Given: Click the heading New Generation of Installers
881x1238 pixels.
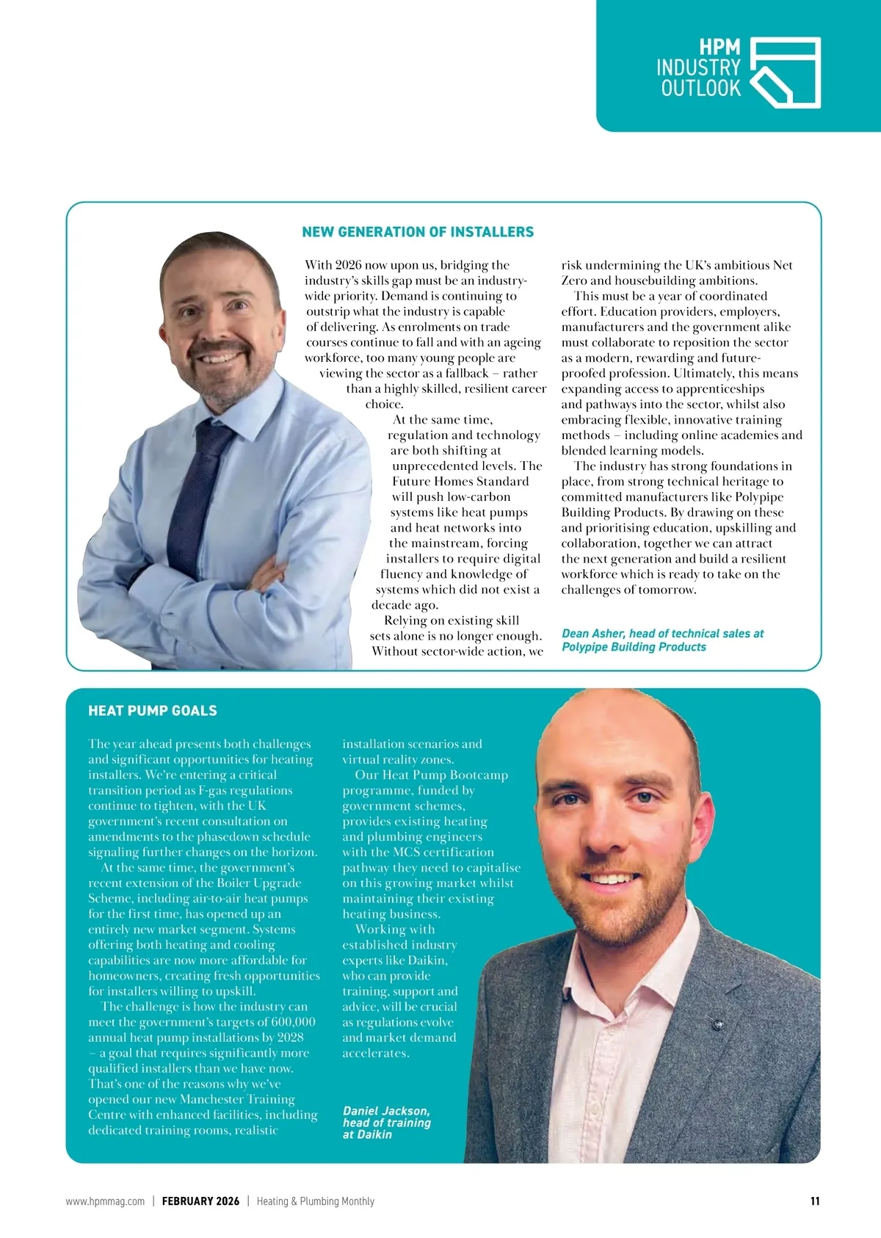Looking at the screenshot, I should coord(418,232).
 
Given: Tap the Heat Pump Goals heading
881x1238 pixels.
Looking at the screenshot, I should coord(153,711).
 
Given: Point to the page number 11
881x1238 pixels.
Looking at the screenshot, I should coord(815,1201).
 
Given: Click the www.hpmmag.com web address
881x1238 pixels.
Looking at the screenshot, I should coord(105,1201).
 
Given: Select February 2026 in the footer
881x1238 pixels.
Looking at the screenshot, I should coord(200,1201).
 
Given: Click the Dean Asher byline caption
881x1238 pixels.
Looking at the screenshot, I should coord(662,640).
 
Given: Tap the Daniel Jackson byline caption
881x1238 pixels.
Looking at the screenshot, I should coord(386,1123).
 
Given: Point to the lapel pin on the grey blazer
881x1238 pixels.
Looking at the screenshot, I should coord(717,1021).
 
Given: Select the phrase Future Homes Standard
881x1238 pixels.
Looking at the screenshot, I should coord(460,482).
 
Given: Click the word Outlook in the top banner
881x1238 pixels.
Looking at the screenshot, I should coord(700,89).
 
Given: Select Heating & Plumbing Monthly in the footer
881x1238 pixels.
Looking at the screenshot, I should coord(315,1201).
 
